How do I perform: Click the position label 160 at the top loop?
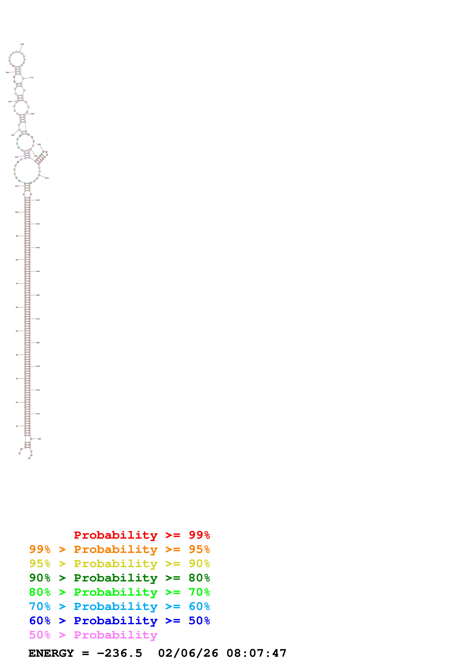pyautogui.click(x=22, y=44)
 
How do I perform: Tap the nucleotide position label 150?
pyautogui.click(x=7, y=72)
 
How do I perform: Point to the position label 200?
pyautogui.click(x=39, y=144)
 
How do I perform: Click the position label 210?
pyautogui.click(x=47, y=178)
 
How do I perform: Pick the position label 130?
pyautogui.click(x=13, y=135)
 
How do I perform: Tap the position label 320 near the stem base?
pyautogui.click(x=40, y=439)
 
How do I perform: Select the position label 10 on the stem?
pyautogui.click(x=17, y=426)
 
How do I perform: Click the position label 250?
pyautogui.click(x=38, y=271)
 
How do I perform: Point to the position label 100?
pyautogui.click(x=17, y=212)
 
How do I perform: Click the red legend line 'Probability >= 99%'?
pyautogui.click(x=142, y=535)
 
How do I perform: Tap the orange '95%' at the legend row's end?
pyautogui.click(x=199, y=549)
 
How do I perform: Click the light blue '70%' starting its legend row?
pyautogui.click(x=40, y=606)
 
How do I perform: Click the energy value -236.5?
pyautogui.click(x=120, y=653)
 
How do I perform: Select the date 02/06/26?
pyautogui.click(x=188, y=653)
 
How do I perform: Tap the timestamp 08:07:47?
pyautogui.click(x=256, y=653)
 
